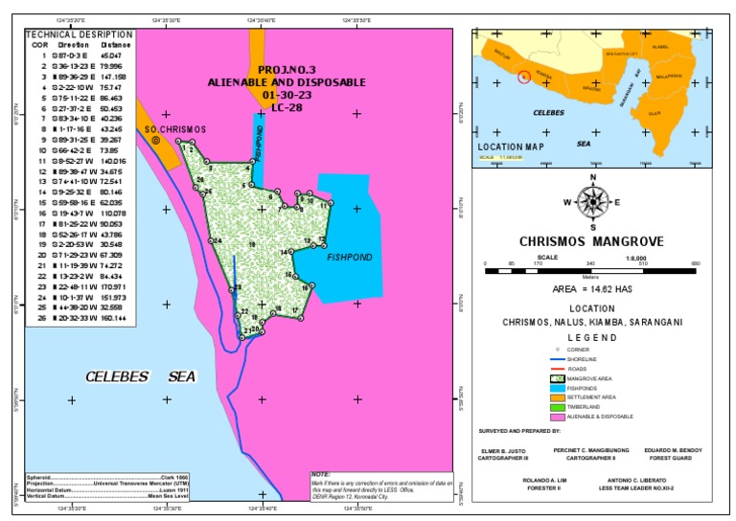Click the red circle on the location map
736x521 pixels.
[x=523, y=77]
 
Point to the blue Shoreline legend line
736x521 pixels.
[x=557, y=359]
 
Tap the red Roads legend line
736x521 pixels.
[x=557, y=370]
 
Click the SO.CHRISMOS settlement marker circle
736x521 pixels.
[x=155, y=140]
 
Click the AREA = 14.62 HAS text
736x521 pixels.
[x=592, y=287]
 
